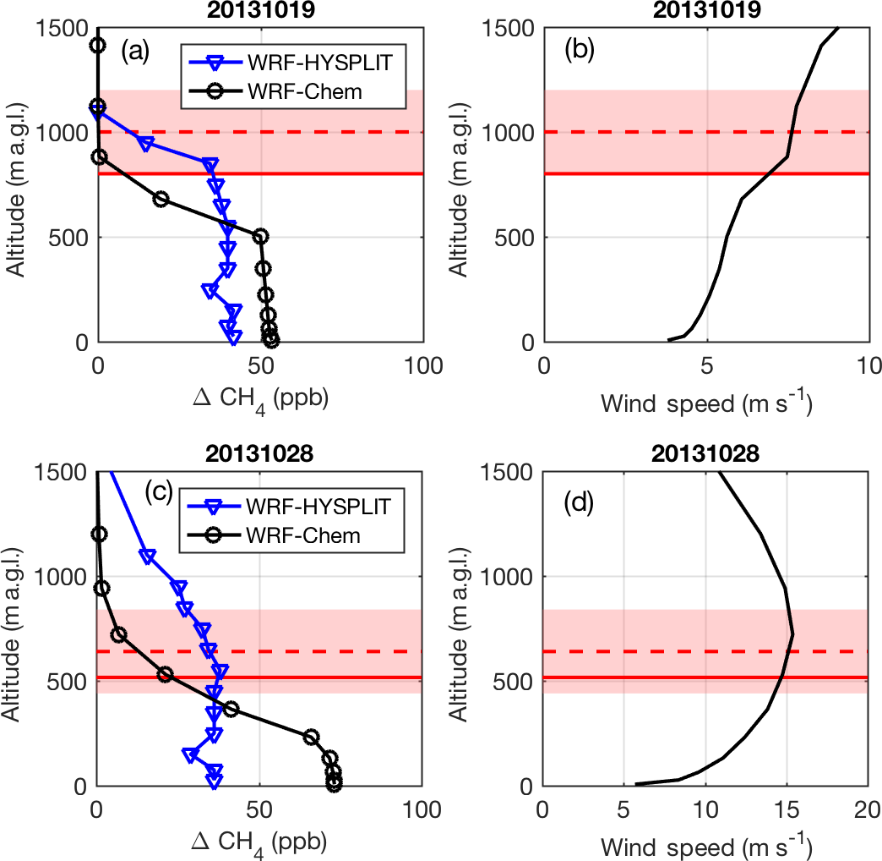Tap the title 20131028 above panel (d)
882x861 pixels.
point(705,453)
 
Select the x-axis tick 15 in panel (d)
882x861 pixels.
point(787,809)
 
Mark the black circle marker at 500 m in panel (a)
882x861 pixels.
point(260,236)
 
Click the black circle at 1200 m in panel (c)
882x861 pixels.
point(99,534)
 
